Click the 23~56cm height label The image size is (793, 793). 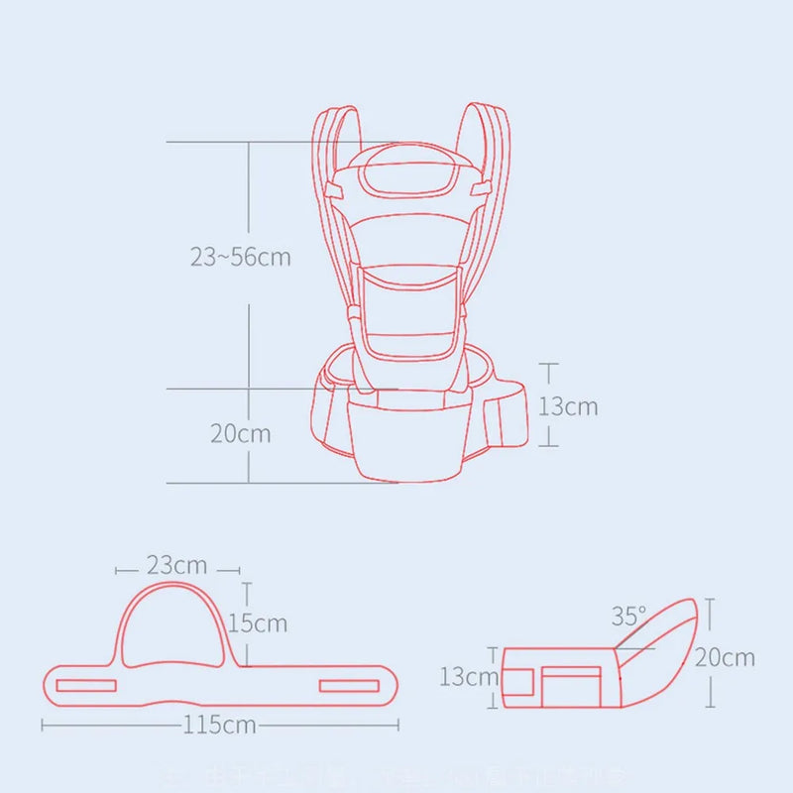pos(241,257)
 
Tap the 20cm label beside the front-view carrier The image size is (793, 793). pos(240,433)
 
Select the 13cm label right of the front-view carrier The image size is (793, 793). pos(568,406)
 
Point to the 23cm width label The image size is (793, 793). pos(177,566)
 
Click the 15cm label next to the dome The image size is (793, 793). pos(257,623)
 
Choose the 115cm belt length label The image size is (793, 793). pos(219,725)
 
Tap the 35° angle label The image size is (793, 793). pos(628,617)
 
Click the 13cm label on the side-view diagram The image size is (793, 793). pos(468,677)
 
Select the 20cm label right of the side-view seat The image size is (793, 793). pos(725,656)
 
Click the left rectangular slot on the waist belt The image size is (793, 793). pos(86,685)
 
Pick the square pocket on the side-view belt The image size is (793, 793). pos(573,686)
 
